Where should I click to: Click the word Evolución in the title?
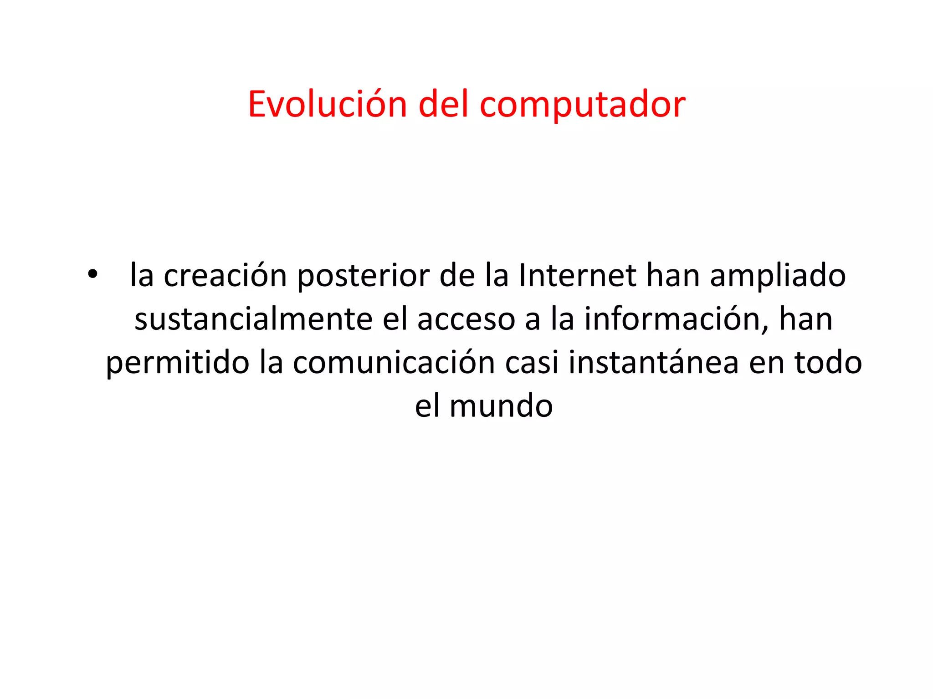pyautogui.click(x=327, y=105)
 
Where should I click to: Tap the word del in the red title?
pyautogui.click(x=443, y=105)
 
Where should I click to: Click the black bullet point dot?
pyautogui.click(x=93, y=274)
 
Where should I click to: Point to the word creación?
pyautogui.click(x=225, y=276)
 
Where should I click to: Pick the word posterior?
pyautogui.click(x=363, y=277)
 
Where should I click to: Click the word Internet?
pyautogui.click(x=577, y=276)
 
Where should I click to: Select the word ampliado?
pyautogui.click(x=778, y=277)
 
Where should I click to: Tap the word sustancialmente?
pyautogui.click(x=253, y=319)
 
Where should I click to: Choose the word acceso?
pyautogui.click(x=466, y=319)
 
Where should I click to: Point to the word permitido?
pyautogui.click(x=178, y=363)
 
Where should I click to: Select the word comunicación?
pyautogui.click(x=394, y=362)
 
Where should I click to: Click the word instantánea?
pyautogui.click(x=653, y=362)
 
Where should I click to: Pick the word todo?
pyautogui.click(x=828, y=362)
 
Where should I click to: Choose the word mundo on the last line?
pyautogui.click(x=501, y=406)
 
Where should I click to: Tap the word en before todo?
pyautogui.click(x=766, y=363)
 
